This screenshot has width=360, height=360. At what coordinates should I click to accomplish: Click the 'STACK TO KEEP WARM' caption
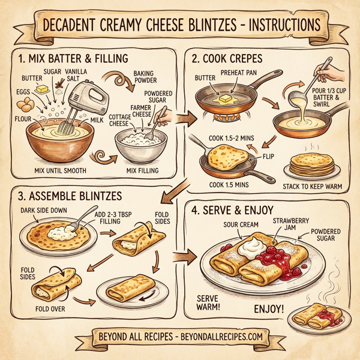tap(311, 187)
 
